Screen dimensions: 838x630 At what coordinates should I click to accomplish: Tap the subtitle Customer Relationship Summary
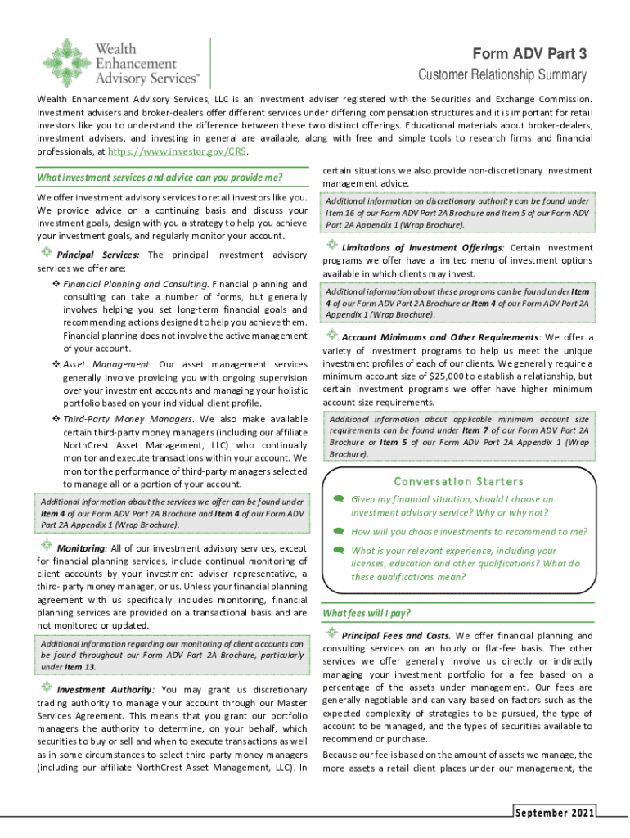pyautogui.click(x=502, y=75)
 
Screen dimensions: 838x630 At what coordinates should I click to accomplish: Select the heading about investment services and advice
pyautogui.click(x=160, y=178)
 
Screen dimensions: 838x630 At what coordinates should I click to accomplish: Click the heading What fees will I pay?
pyautogui.click(x=367, y=613)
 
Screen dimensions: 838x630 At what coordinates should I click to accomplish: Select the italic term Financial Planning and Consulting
pyautogui.click(x=136, y=283)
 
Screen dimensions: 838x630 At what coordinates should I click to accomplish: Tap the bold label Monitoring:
pyautogui.click(x=82, y=547)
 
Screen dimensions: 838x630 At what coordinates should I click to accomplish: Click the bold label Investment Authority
pyautogui.click(x=103, y=689)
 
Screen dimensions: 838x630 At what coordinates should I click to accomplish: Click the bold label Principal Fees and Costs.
pyautogui.click(x=396, y=635)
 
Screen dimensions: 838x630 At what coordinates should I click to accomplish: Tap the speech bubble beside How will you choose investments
pyautogui.click(x=336, y=530)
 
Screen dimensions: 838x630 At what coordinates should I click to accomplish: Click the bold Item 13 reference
pyautogui.click(x=80, y=666)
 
